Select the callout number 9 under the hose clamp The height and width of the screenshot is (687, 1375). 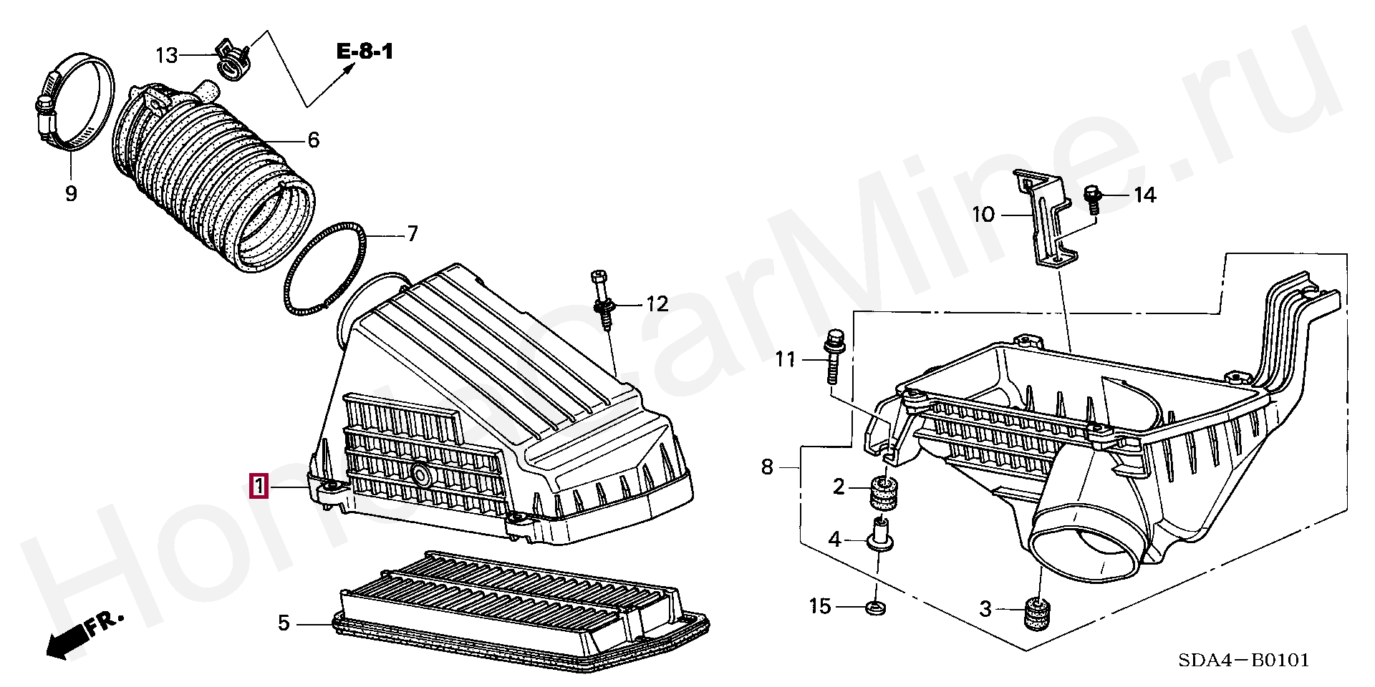pyautogui.click(x=71, y=193)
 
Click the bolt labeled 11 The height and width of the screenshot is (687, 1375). pyautogui.click(x=834, y=361)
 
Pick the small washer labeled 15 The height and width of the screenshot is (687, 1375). pyautogui.click(x=874, y=608)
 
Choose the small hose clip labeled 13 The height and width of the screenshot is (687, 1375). pyautogui.click(x=233, y=59)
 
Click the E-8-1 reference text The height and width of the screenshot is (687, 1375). pyautogui.click(x=365, y=52)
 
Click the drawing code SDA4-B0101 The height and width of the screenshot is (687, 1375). pyautogui.click(x=1244, y=659)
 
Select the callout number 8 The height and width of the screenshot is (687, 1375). pyautogui.click(x=767, y=467)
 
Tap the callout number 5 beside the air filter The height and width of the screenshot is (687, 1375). pyautogui.click(x=284, y=623)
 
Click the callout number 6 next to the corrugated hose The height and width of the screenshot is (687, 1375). pyautogui.click(x=313, y=140)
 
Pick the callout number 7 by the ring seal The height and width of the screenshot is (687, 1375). pyautogui.click(x=412, y=234)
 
